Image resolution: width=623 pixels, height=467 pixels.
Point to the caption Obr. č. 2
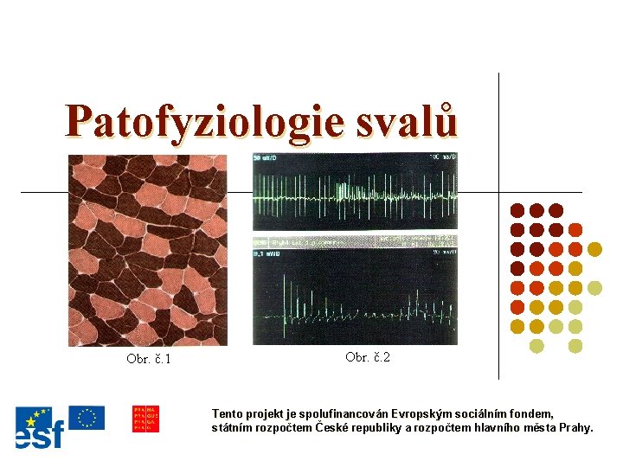368,357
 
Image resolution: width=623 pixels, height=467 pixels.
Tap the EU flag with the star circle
87,418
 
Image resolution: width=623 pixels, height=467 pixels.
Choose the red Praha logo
145,419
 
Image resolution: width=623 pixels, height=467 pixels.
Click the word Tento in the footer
229,414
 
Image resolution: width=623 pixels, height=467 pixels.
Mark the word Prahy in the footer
575,428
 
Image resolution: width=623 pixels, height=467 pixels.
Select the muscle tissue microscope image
148,250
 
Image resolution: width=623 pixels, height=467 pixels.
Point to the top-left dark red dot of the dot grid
517,210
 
